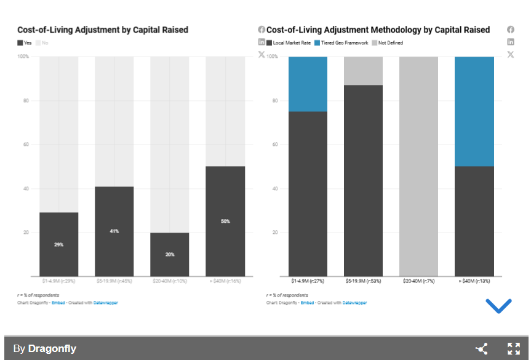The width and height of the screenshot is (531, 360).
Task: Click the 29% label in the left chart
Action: point(58,245)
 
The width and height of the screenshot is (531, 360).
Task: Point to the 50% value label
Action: point(225,221)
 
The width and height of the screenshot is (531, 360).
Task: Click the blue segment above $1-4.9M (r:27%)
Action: point(308,84)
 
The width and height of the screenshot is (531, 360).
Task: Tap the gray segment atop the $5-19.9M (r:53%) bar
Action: point(363,71)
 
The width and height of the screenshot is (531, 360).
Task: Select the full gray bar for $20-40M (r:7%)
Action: point(418,166)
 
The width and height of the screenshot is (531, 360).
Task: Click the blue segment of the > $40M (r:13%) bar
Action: point(474,111)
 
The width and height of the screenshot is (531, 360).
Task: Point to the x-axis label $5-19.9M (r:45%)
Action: point(114,282)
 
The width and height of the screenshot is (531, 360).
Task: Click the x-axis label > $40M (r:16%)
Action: point(225,282)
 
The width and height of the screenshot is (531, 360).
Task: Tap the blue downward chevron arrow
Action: point(498,305)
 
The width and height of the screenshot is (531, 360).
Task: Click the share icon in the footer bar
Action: point(482,349)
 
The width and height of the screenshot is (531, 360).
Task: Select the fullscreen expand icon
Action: point(514,349)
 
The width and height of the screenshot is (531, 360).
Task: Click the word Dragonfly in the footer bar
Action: point(52,349)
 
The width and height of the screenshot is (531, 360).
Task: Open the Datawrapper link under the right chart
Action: point(354,303)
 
